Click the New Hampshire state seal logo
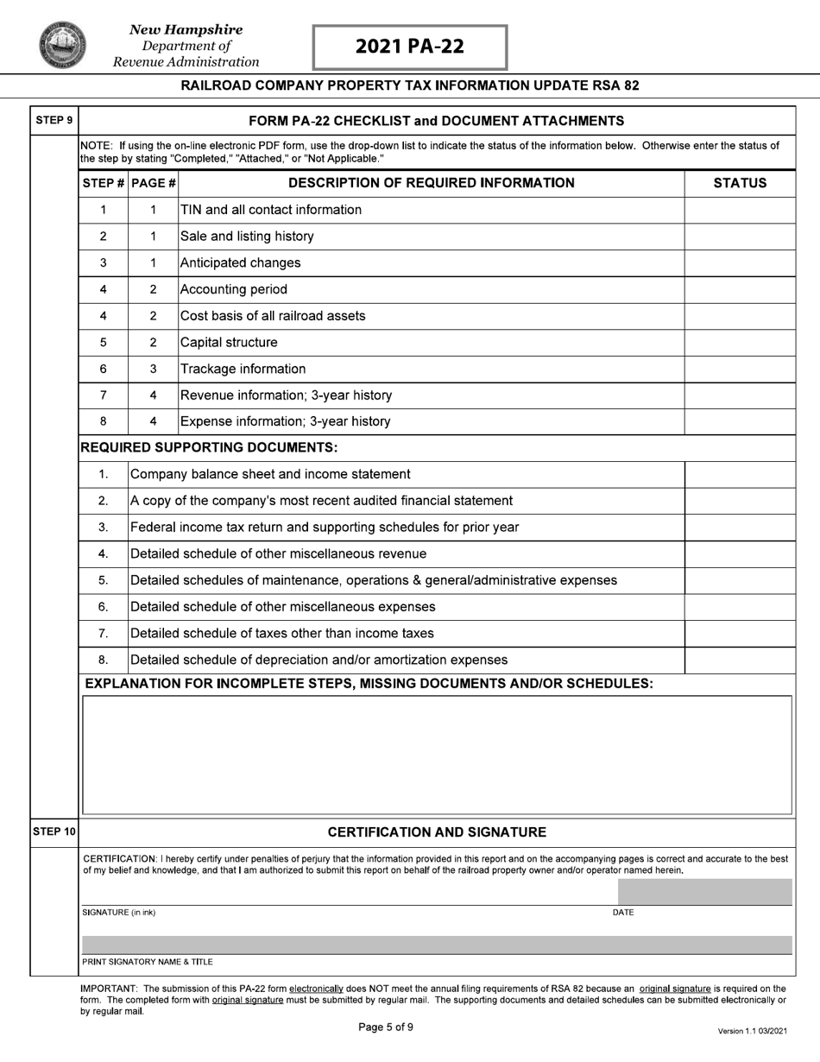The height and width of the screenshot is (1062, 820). point(62,45)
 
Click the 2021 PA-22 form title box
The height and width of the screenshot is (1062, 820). point(410,47)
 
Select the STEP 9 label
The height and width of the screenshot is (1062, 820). point(54,120)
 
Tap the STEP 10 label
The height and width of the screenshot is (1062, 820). point(54,832)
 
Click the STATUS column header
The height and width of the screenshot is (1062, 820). point(740,183)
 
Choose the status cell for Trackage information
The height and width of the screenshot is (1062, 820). point(740,369)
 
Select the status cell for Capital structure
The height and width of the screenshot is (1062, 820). point(740,343)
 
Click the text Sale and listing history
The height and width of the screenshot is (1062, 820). point(246,237)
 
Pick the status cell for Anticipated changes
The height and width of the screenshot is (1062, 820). point(740,263)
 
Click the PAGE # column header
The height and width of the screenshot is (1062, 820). point(153,183)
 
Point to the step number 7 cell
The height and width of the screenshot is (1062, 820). point(103,395)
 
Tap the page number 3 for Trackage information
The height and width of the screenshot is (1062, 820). point(153,369)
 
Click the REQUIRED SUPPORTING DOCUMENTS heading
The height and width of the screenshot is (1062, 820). point(208,447)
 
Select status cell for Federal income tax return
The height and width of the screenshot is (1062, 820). point(740,528)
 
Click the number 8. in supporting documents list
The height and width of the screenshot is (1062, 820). point(103,660)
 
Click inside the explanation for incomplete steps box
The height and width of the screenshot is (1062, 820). point(436,755)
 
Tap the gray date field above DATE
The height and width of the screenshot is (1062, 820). point(704,892)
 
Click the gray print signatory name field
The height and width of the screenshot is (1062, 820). point(436,945)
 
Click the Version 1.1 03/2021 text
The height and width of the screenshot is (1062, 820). point(752,1031)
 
